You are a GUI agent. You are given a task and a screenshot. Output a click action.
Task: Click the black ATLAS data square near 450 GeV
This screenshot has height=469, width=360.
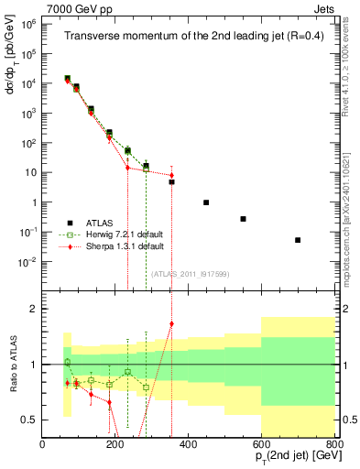tap(206, 202)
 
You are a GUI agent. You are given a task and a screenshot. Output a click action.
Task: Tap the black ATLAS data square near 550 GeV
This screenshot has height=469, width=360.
tap(243, 219)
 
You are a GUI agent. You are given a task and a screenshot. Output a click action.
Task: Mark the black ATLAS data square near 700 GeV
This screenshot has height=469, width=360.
tap(298, 240)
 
